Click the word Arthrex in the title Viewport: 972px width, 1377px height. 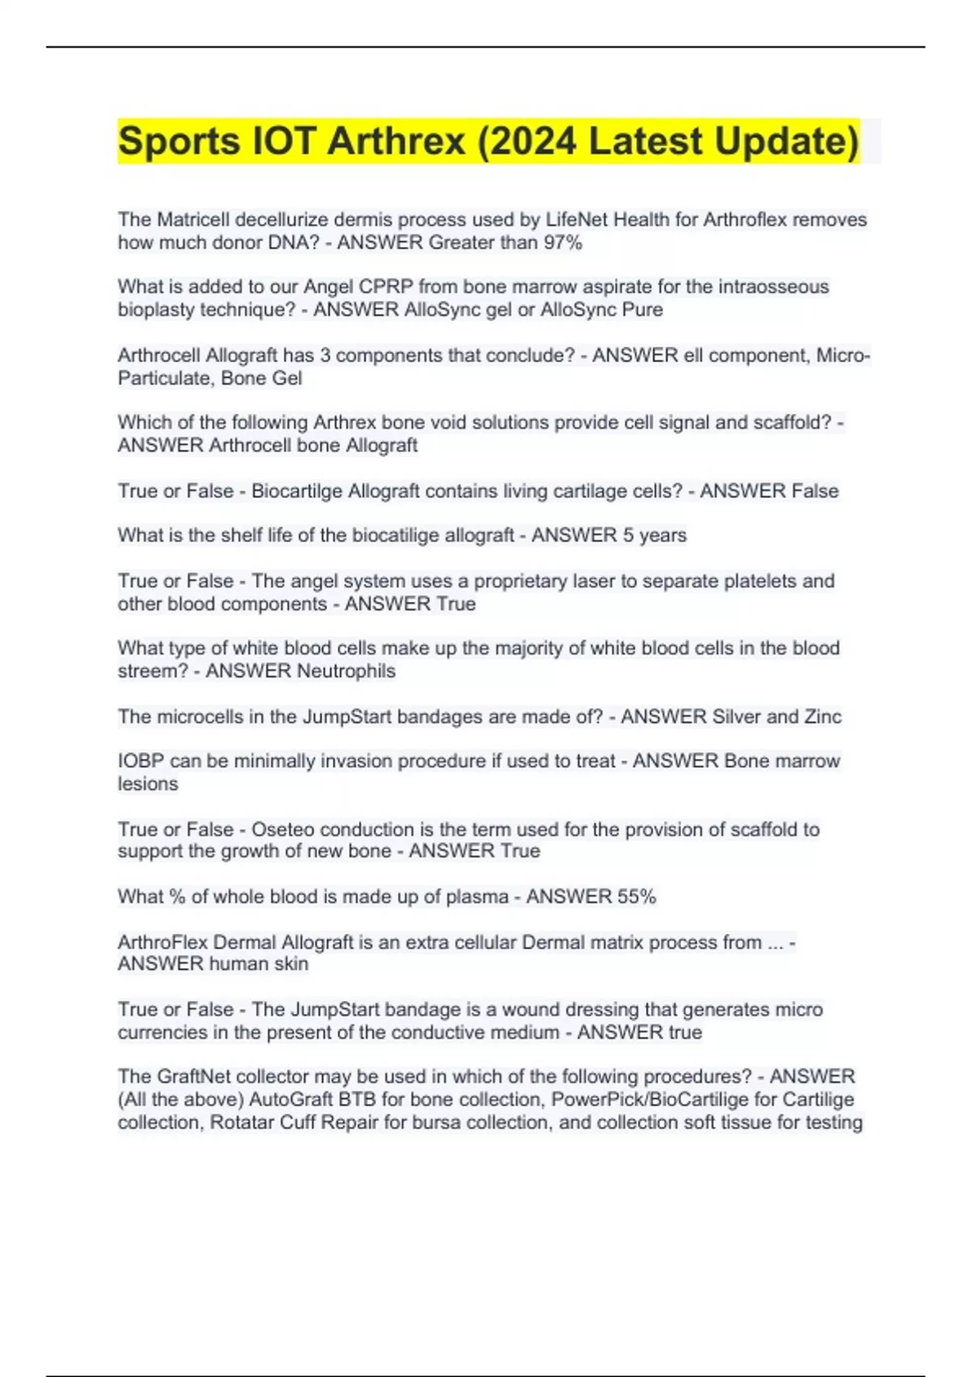pos(396,141)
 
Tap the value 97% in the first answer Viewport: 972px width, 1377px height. pos(563,242)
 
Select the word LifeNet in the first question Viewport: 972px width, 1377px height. pos(574,220)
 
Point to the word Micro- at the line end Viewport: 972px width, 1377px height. pos(843,356)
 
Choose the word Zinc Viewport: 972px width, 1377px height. pos(822,716)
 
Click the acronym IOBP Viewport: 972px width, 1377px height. pos(141,761)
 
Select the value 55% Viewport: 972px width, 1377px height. pos(637,897)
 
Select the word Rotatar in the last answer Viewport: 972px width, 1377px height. pos(242,1122)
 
